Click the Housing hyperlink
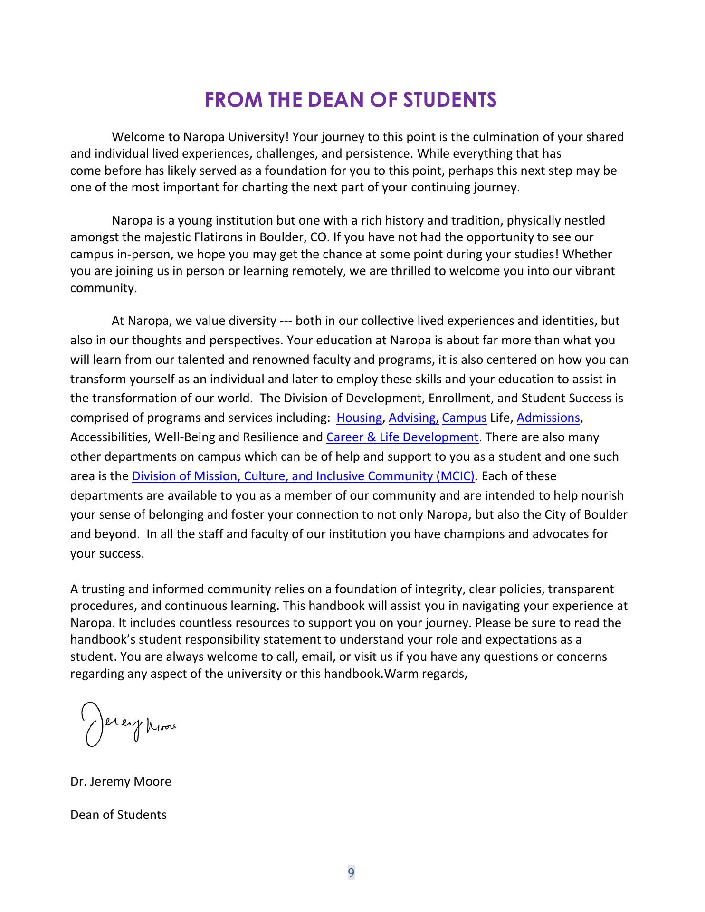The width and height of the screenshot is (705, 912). pos(359,418)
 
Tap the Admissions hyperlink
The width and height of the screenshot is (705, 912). pos(548,418)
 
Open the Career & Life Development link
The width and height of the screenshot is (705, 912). pos(402,437)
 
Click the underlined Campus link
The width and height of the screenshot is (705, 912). pos(464,418)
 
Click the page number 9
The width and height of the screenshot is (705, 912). pos(351,873)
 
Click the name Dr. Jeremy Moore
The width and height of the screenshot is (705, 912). pos(121,782)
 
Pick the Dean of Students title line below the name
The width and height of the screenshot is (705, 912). pos(118,815)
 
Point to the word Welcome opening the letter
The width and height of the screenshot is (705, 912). pos(138,137)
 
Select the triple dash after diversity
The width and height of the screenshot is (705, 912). pos(286,321)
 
